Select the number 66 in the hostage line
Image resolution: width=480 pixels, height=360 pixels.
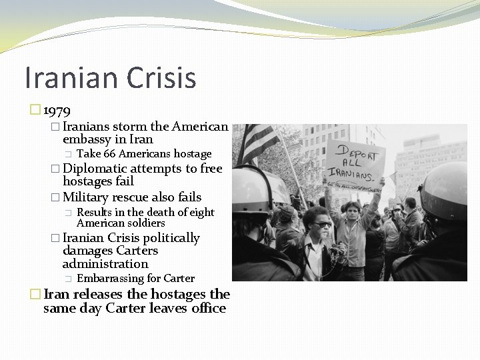pyautogui.click(x=110, y=154)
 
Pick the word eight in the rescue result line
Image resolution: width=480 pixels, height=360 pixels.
pyautogui.click(x=201, y=212)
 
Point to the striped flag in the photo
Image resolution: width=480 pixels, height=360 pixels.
pyautogui.click(x=259, y=142)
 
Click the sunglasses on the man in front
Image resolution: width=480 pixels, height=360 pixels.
pyautogui.click(x=322, y=224)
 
